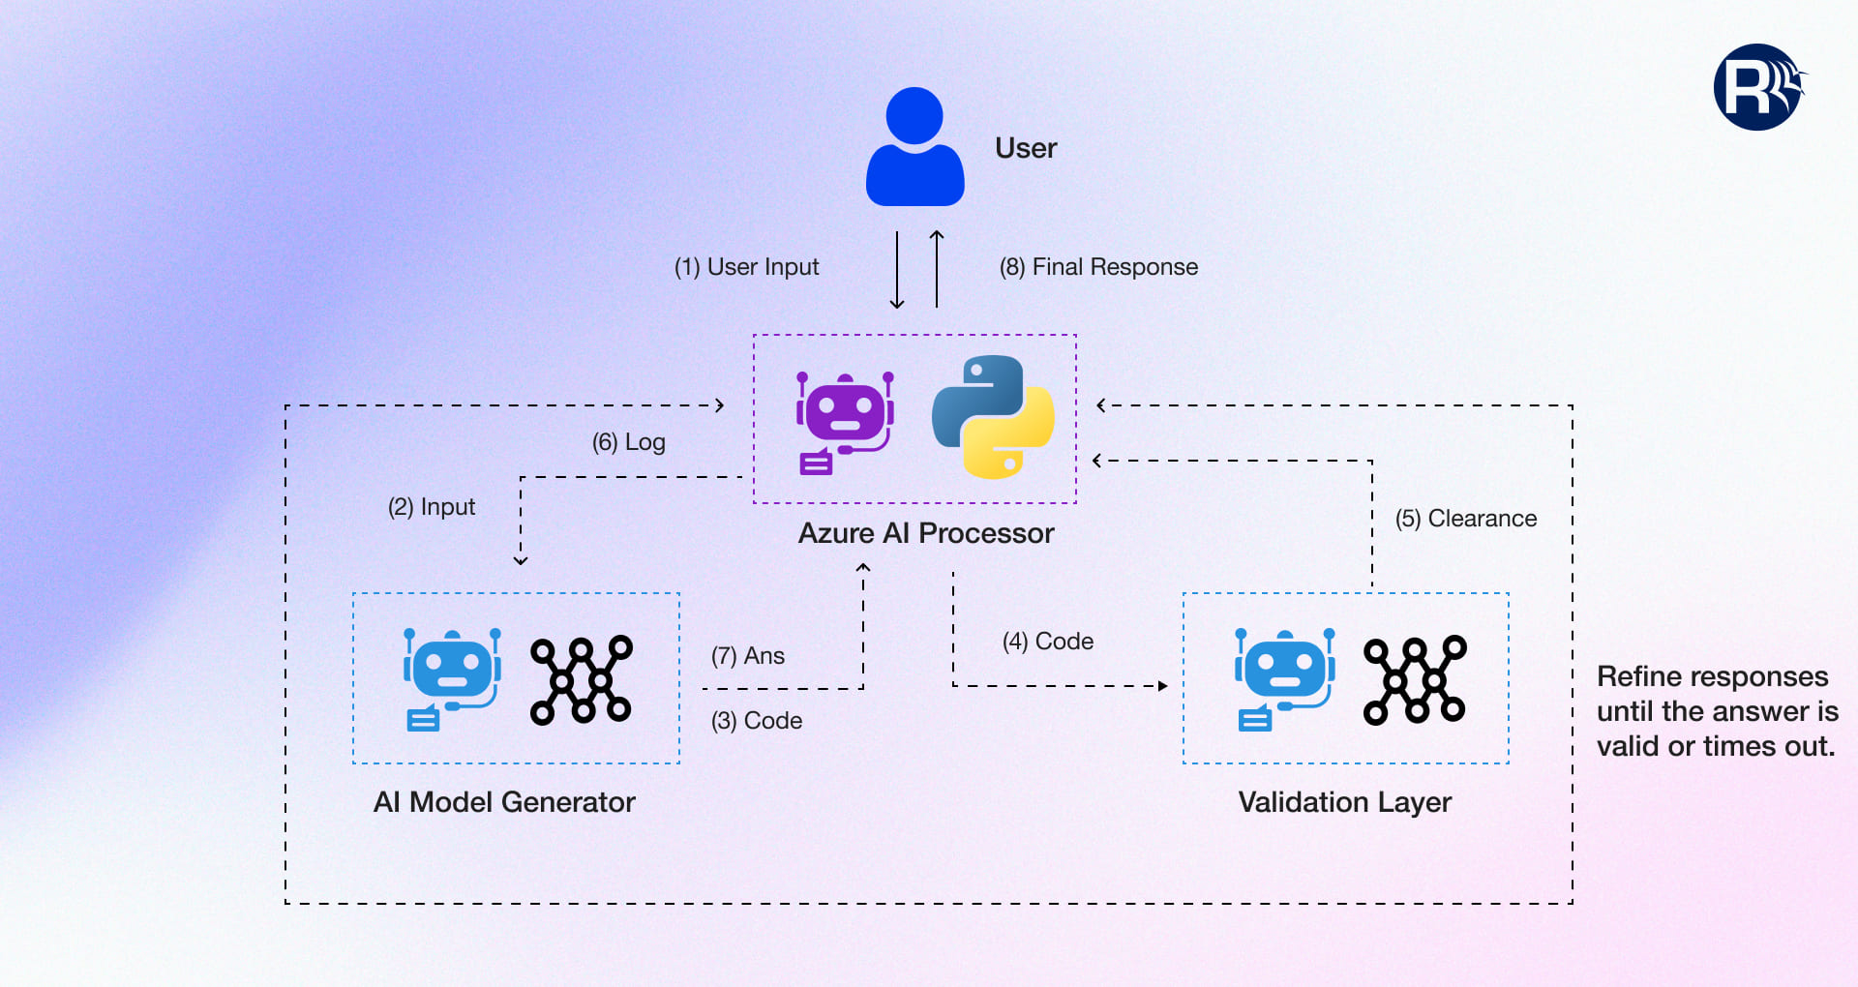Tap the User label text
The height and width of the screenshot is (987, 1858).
pos(1026,148)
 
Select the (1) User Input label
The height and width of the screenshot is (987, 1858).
pos(746,267)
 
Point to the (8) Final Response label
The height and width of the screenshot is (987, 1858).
pos(1098,267)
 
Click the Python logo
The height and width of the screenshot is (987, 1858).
pos(993,417)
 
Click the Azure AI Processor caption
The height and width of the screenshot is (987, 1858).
pos(926,533)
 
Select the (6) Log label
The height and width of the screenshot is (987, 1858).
pos(629,442)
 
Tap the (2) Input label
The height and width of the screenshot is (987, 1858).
pos(432,507)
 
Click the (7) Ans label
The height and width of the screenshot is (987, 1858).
pos(748,656)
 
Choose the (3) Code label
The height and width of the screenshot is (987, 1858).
pos(757,721)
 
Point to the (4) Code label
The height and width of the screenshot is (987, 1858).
pos(1048,642)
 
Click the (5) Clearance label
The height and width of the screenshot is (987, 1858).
pos(1466,519)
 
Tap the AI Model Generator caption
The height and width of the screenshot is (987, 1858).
pos(504,802)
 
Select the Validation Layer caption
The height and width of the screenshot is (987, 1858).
pos(1345,802)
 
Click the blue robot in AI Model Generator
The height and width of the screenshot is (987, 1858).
pos(452,678)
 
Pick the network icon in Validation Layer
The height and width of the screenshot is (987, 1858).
pos(1415,680)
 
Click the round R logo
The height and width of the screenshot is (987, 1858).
pos(1757,87)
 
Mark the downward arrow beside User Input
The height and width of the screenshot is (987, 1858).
pos(897,270)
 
